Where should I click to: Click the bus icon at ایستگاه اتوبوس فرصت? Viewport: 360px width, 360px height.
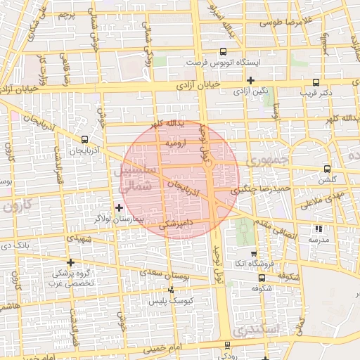coord(223,51)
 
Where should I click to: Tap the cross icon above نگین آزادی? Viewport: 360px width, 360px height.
coord(250,79)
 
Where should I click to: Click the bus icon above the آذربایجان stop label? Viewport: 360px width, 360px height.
coord(85,139)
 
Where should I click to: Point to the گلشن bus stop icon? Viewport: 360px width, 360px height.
coord(327,169)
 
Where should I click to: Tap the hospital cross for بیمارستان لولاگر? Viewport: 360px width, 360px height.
coord(119,207)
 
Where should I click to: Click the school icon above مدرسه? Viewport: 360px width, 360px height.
coord(319,229)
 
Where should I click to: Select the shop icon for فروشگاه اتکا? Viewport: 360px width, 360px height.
coord(254,254)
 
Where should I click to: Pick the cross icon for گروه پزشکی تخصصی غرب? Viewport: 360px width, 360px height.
coord(70,262)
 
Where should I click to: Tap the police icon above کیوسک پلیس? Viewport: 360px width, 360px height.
coord(170,290)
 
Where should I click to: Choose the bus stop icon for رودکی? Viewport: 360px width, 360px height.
coord(226,345)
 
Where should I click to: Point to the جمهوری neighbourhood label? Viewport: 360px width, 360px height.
coord(270,161)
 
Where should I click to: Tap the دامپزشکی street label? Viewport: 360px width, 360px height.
coord(175,226)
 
